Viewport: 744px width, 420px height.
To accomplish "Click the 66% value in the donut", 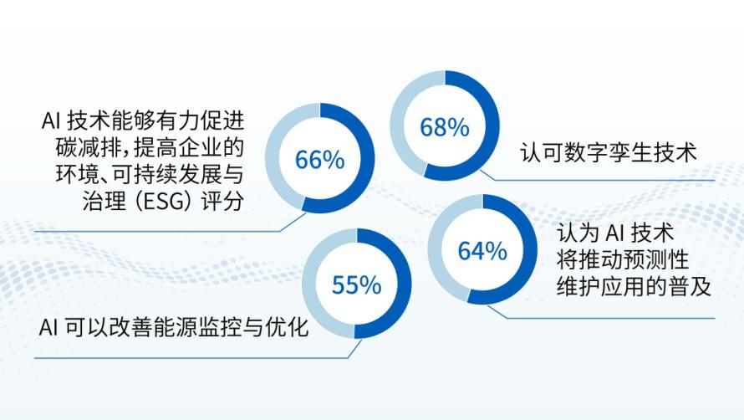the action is (320, 160).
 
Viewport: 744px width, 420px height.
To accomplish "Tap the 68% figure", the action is (445, 127).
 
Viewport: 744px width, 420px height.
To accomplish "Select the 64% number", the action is (482, 251).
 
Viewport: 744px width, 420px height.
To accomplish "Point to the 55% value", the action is (356, 285).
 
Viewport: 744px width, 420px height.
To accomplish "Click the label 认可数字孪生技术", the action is (608, 152).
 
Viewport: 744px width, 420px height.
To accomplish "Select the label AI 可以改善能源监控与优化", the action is (174, 327).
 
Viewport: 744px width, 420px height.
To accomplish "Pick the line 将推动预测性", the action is (623, 260).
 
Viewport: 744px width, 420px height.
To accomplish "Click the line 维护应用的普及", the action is (634, 286).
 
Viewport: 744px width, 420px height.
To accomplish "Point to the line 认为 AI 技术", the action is (615, 233).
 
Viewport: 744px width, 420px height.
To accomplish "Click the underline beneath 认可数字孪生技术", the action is (598, 181).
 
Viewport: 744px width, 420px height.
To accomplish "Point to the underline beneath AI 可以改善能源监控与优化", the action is (191, 358).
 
